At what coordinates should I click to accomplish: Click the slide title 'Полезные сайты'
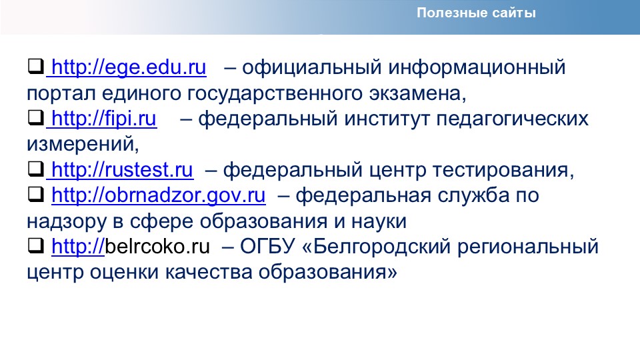(x=476, y=13)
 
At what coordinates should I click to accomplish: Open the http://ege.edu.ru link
(x=129, y=67)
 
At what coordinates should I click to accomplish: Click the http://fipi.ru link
(x=104, y=119)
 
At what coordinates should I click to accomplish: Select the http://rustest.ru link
(x=123, y=170)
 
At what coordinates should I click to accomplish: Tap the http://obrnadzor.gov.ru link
(x=159, y=195)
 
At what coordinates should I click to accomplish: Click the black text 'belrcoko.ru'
(x=157, y=246)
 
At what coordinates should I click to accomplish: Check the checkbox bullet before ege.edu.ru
(x=36, y=66)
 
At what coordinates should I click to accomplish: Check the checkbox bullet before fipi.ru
(x=36, y=117)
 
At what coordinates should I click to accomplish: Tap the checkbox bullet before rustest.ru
(x=36, y=169)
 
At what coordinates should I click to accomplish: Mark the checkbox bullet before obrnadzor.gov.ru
(x=36, y=194)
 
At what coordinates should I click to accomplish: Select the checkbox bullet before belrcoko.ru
(x=36, y=245)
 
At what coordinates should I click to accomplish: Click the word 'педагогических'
(x=512, y=119)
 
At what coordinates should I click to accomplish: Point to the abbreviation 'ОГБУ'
(x=267, y=247)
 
